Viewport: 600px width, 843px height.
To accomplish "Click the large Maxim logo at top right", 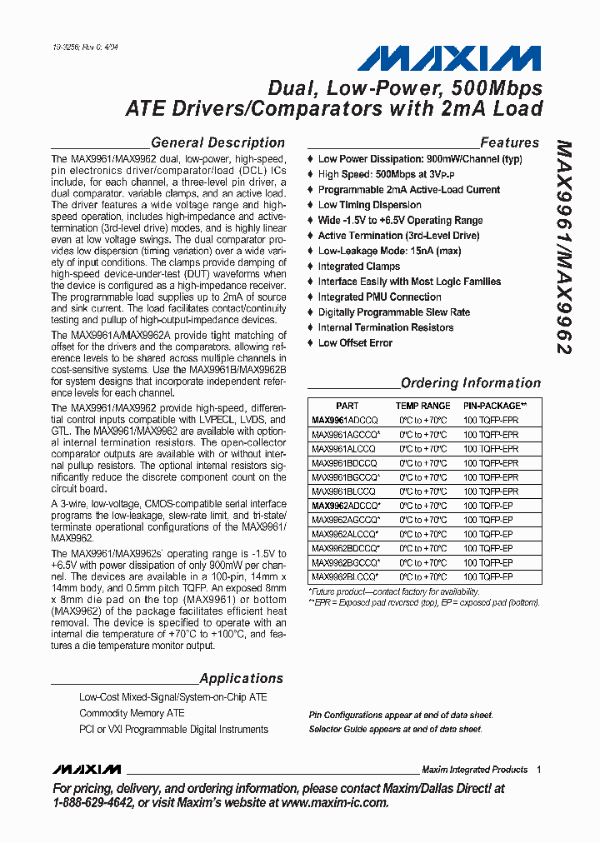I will (x=449, y=59).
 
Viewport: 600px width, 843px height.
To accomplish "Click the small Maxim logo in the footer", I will (x=86, y=769).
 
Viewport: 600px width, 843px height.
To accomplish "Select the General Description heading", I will (x=217, y=142).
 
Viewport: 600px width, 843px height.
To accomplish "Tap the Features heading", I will (x=509, y=142).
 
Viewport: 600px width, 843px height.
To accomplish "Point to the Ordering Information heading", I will (x=470, y=383).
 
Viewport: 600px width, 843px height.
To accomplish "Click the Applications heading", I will (x=241, y=678).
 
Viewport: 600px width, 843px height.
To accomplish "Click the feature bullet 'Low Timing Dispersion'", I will (x=369, y=205).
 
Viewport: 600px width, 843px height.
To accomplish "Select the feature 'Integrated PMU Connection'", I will (x=379, y=297).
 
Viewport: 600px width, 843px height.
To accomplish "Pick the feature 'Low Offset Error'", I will (x=355, y=342).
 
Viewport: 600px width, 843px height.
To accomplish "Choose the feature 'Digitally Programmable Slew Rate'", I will (x=393, y=312).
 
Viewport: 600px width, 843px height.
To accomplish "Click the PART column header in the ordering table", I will (x=347, y=406).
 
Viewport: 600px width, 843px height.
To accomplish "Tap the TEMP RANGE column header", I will (x=422, y=406).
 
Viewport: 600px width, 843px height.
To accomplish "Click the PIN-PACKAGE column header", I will (x=495, y=406).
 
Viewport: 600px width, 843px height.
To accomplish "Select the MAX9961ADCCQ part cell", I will (x=344, y=421).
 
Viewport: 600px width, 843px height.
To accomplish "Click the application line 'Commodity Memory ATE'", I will (x=132, y=713).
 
